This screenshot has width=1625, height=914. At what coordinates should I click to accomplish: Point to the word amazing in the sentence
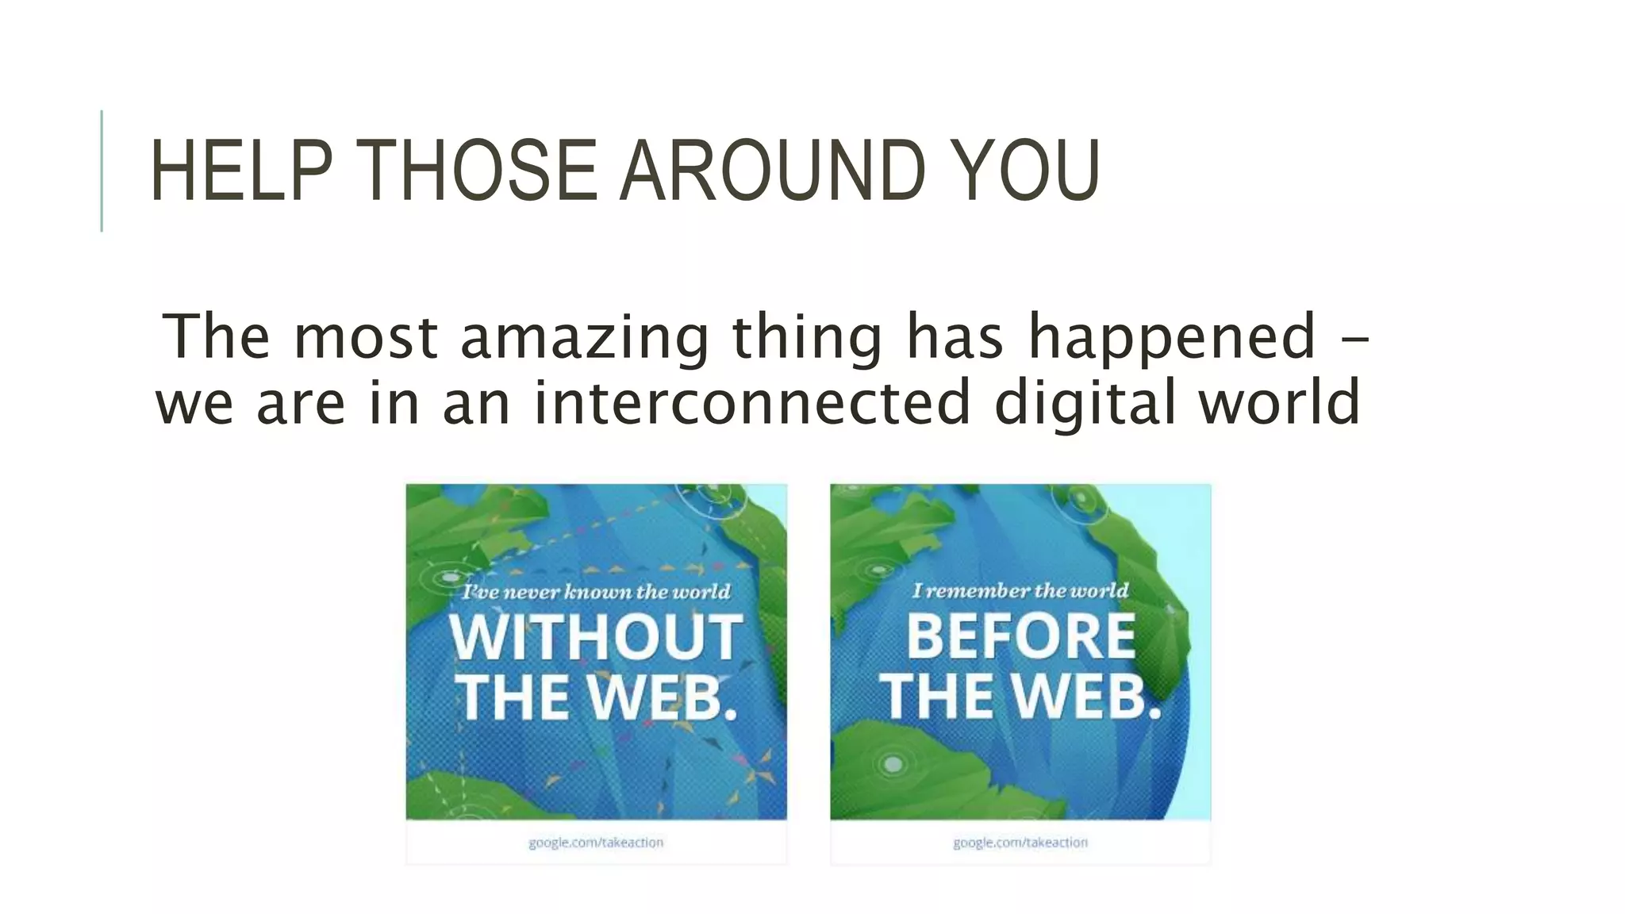pos(584,337)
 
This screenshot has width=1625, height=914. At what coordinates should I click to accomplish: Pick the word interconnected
pos(752,401)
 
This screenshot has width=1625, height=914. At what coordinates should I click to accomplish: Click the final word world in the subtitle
pos(1279,401)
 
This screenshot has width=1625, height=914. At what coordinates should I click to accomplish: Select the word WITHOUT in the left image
pos(596,637)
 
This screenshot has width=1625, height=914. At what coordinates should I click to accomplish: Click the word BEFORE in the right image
pos(1020,636)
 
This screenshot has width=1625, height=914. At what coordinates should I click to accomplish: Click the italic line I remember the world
pos(1020,590)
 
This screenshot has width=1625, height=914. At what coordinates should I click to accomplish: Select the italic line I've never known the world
pos(596,592)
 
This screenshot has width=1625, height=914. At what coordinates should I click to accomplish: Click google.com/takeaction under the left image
pos(596,843)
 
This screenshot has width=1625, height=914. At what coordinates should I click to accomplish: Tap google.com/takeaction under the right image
pos(1020,843)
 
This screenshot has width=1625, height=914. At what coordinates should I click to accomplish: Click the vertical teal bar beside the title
pos(102,171)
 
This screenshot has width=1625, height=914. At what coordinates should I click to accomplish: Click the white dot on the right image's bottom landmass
pos(893,764)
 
